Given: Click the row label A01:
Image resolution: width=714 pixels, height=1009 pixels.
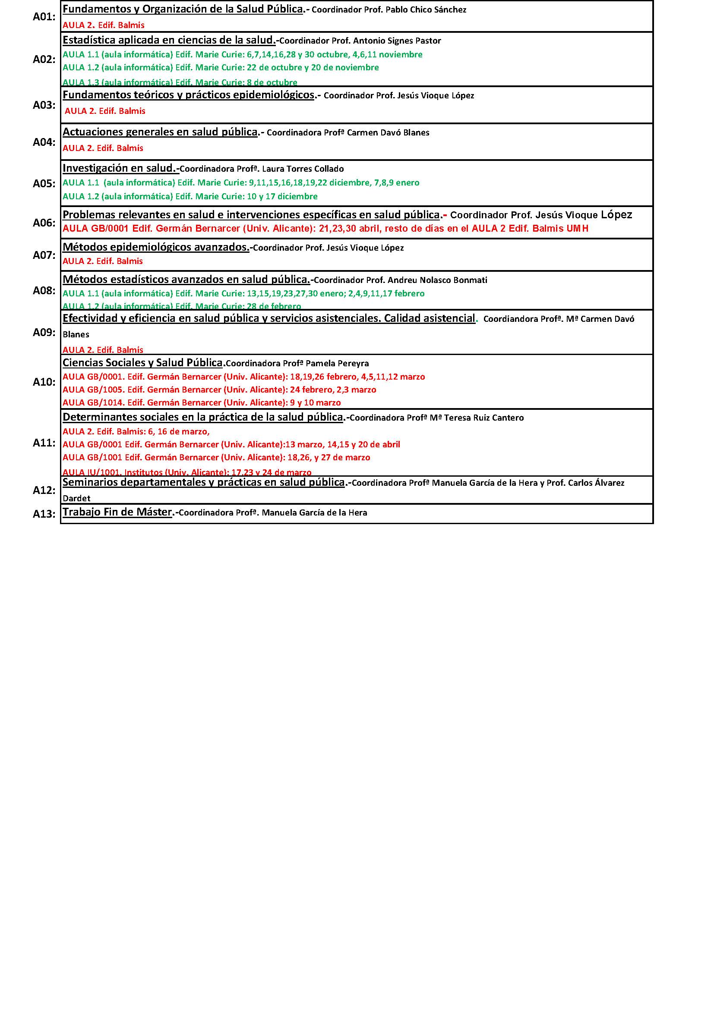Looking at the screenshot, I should pyautogui.click(x=44, y=17).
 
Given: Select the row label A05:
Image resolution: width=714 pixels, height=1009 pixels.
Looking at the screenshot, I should pyautogui.click(x=44, y=184).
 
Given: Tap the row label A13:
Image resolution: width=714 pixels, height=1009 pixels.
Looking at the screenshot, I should pyautogui.click(x=44, y=514).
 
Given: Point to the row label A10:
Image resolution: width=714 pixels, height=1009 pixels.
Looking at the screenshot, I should pyautogui.click(x=44, y=382).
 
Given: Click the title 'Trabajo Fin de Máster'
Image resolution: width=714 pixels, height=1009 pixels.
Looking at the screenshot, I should pyautogui.click(x=117, y=512).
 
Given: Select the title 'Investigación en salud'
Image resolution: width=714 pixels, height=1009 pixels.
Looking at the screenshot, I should pyautogui.click(x=119, y=168).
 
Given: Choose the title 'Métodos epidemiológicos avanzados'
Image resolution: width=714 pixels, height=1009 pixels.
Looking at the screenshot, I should pyautogui.click(x=155, y=247).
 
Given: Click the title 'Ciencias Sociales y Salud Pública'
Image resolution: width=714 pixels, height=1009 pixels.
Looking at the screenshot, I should pyautogui.click(x=142, y=362).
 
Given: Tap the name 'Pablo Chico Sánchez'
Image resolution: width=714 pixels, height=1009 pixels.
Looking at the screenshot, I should pyautogui.click(x=426, y=9).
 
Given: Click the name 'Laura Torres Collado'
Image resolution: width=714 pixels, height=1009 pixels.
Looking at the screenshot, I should pyautogui.click(x=303, y=169).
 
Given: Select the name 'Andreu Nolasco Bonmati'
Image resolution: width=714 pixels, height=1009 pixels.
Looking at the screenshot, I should pyautogui.click(x=437, y=280).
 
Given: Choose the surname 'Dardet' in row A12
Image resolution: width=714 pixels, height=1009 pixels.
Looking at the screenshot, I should pyautogui.click(x=76, y=498).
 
